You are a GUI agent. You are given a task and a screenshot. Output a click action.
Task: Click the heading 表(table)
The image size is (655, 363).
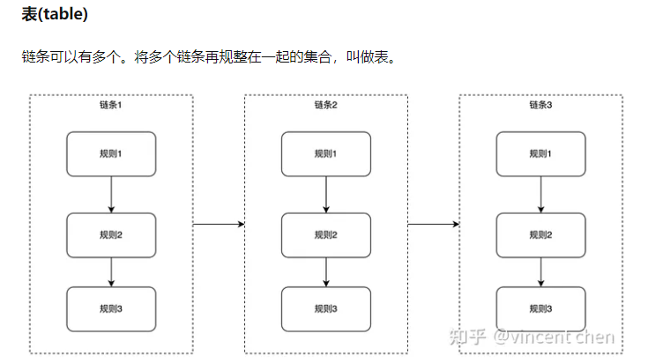pos(55,15)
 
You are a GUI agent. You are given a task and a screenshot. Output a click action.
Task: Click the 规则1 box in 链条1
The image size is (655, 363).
pos(111,153)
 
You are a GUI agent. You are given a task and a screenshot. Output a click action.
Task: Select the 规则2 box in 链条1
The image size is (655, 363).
pos(111,234)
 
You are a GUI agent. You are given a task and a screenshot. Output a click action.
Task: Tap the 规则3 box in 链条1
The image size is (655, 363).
pos(111,307)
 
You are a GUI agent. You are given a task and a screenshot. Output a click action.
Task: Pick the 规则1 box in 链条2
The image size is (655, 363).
pos(325,153)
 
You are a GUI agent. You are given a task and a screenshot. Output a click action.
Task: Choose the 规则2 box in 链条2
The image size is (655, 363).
pos(325,234)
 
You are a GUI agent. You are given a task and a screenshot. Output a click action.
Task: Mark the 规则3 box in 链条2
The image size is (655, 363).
pos(325,307)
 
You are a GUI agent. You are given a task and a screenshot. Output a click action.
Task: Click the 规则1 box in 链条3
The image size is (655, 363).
pos(540,153)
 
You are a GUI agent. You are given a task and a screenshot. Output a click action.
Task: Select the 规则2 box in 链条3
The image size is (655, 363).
pos(540,234)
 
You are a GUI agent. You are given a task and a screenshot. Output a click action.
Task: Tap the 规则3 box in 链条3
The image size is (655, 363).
pos(540,307)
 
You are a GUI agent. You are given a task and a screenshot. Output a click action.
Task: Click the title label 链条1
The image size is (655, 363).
pos(111,106)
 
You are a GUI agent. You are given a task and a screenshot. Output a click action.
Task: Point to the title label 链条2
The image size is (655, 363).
pos(325,106)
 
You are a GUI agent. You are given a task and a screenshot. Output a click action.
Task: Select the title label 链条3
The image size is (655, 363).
pos(540,106)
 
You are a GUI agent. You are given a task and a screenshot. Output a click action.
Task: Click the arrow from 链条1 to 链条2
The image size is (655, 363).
pos(218,224)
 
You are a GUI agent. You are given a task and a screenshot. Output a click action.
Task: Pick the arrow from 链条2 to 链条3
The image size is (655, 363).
pos(433,224)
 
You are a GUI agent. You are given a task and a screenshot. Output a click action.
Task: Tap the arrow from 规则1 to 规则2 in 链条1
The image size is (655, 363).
pos(111,194)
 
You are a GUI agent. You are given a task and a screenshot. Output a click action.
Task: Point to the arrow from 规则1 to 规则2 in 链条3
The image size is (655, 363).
pos(540,194)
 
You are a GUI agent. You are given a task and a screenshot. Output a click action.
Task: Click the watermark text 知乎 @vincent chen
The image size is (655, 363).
pos(531,337)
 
